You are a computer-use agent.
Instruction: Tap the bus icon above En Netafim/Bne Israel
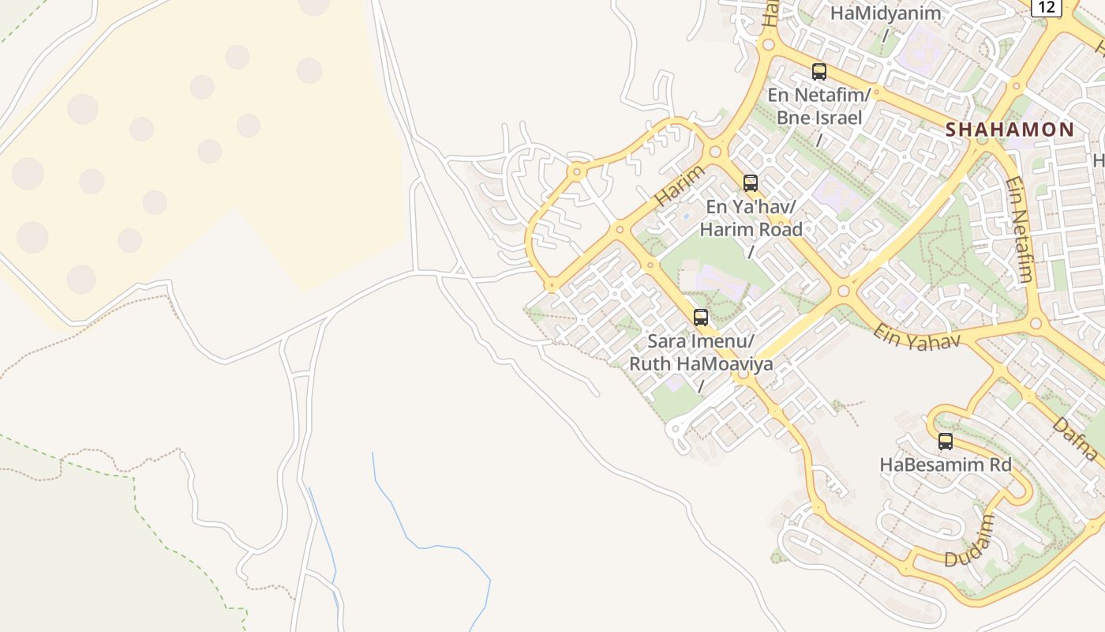[x=819, y=72]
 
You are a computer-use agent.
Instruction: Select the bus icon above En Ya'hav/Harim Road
[x=751, y=183]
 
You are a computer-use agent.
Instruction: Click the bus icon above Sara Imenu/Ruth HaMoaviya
[x=701, y=318]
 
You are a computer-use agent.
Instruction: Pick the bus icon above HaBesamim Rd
[x=946, y=442]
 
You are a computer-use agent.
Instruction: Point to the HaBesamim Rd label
[x=946, y=465]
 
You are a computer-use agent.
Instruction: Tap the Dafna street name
[x=1075, y=438]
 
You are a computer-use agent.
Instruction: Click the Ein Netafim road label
[x=1018, y=229]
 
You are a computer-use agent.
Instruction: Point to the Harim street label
[x=679, y=186]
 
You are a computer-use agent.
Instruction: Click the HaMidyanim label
[x=886, y=13]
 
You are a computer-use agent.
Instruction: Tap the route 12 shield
[x=1047, y=7]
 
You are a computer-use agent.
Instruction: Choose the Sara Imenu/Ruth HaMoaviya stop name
[x=701, y=353]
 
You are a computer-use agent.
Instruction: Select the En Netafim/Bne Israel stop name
[x=819, y=106]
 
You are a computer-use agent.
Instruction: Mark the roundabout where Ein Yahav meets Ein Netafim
[x=1036, y=322]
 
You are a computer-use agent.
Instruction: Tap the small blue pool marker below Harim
[x=686, y=215]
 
